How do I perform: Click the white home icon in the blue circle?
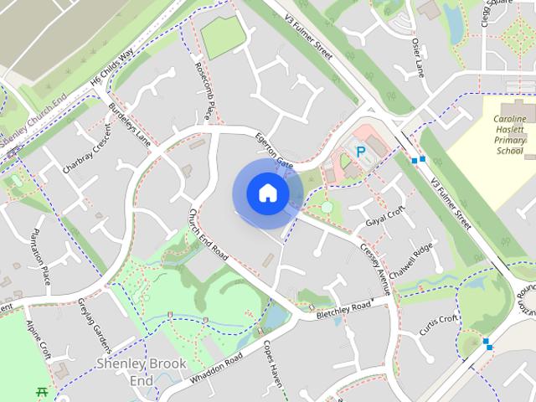[267, 193]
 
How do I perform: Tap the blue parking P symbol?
[361, 152]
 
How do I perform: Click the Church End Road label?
[209, 233]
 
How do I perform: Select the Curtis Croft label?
[439, 322]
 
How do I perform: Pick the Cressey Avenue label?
[375, 269]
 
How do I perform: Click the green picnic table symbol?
[40, 390]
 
